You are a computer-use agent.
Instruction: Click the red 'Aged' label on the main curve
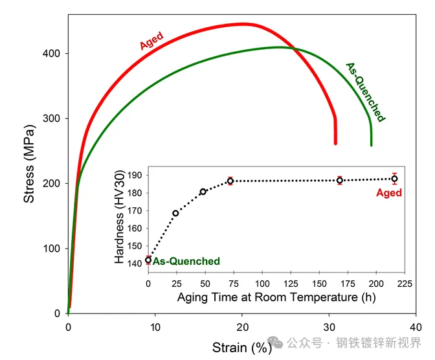[151, 40]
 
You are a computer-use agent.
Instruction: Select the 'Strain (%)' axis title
[243, 348]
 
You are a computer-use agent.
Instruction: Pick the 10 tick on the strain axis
[155, 328]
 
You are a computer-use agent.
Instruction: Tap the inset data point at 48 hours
[203, 192]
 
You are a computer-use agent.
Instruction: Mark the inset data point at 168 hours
[340, 181]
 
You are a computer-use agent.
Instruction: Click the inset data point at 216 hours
[394, 179]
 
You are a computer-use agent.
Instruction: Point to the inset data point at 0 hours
[148, 260]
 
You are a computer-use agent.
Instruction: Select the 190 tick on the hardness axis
[135, 175]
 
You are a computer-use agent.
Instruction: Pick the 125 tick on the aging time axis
[291, 284]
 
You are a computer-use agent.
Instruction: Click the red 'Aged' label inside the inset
[389, 193]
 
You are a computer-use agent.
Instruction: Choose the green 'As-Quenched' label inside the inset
[186, 262]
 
